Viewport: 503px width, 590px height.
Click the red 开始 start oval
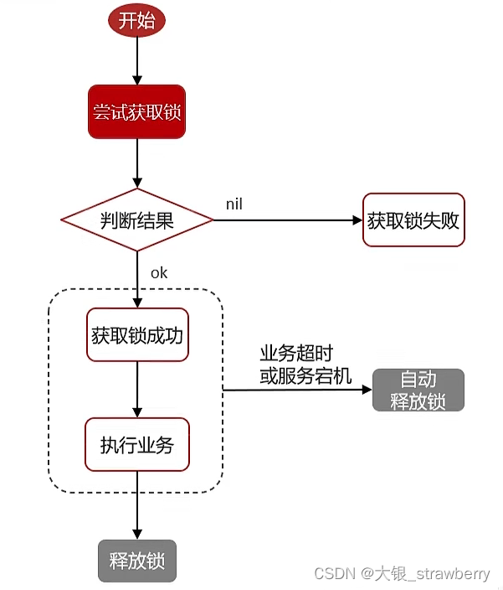(x=136, y=21)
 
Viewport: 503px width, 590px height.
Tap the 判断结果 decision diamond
(x=137, y=220)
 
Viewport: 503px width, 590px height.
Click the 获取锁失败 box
(x=413, y=220)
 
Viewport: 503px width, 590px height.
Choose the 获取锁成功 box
(x=137, y=334)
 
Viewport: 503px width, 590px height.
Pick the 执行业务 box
(x=137, y=444)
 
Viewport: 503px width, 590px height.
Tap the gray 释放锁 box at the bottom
(x=137, y=560)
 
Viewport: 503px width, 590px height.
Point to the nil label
(x=235, y=204)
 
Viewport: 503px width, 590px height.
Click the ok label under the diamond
(x=159, y=273)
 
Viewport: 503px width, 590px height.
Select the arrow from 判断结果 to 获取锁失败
(x=285, y=220)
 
